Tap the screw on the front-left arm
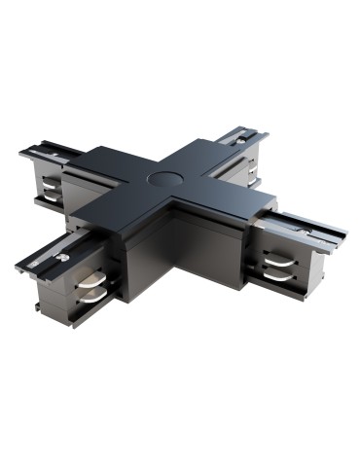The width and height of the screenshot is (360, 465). pyautogui.click(x=59, y=258)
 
